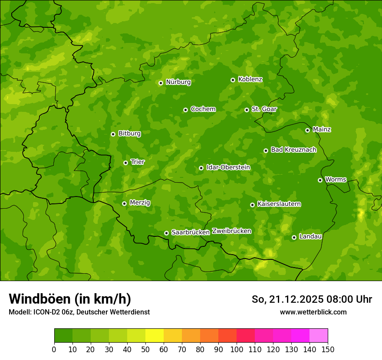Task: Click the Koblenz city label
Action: pos(250,79)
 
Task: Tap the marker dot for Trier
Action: pos(125,163)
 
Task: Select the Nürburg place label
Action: pos(178,82)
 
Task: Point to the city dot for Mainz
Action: pos(307,130)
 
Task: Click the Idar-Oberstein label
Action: pos(228,167)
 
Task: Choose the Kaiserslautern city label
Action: pos(279,204)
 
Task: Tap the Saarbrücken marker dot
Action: pos(166,233)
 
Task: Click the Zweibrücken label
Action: pos(231,231)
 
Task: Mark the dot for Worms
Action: pos(320,180)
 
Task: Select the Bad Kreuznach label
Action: pos(293,150)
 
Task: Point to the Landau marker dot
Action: pos(294,237)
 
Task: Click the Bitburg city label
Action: pos(129,134)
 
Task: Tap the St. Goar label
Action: pos(264,109)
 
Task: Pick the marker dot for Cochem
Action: pos(185,110)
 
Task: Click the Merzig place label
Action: pos(140,203)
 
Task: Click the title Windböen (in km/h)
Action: pos(70,299)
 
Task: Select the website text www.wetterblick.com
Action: pos(313,312)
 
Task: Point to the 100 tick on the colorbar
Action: pos(237,349)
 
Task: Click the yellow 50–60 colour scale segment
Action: pos(155,336)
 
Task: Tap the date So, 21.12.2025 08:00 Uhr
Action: pos(312,299)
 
